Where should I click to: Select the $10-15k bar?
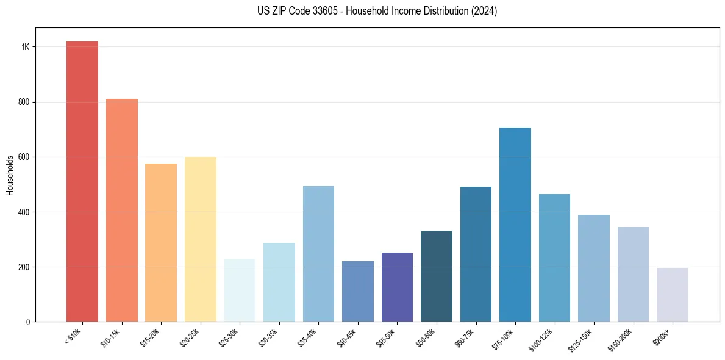point(121,210)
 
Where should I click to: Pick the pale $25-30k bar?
point(240,290)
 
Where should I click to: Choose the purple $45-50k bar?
point(397,287)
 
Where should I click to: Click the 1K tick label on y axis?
point(25,47)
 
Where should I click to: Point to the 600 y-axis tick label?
point(24,157)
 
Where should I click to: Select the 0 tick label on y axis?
point(28,322)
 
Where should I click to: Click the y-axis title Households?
point(10,175)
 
